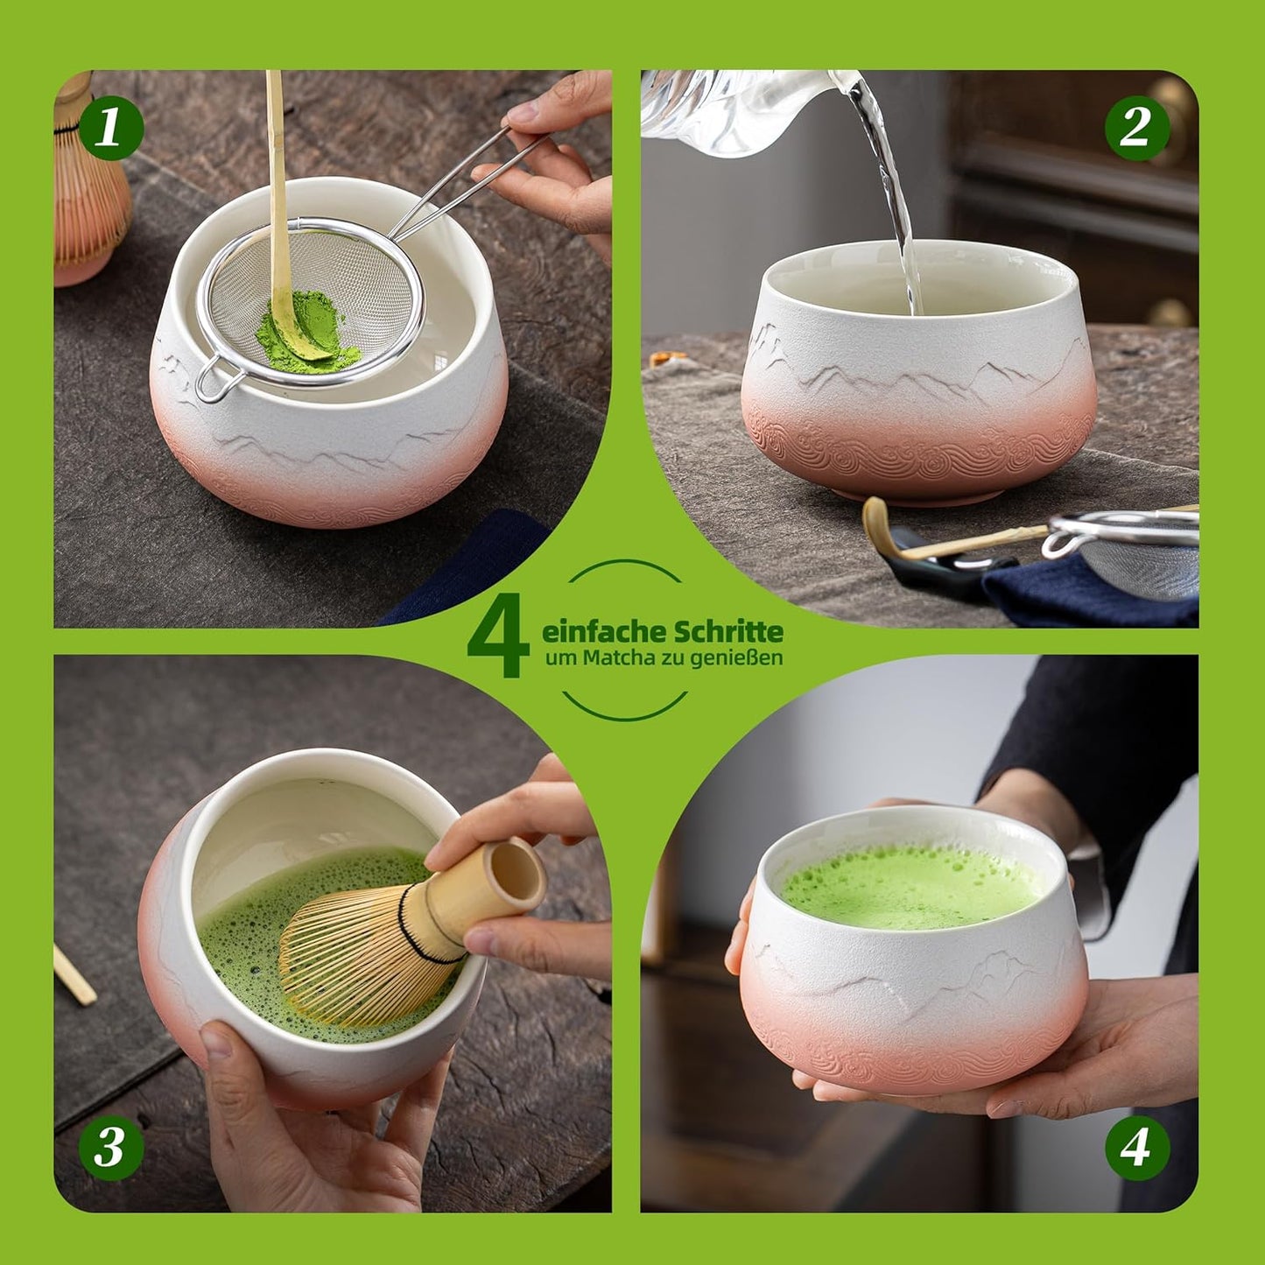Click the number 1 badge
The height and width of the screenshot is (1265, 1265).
(111, 128)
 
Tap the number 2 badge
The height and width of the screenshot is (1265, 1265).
(1136, 128)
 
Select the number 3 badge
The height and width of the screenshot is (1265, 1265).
(111, 1147)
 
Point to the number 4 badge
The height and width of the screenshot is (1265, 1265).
(1136, 1147)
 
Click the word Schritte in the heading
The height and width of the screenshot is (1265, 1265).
(727, 631)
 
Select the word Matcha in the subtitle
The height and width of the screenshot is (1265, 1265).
(618, 658)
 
